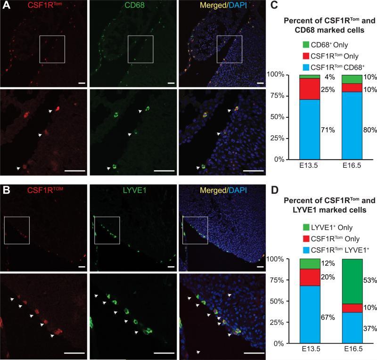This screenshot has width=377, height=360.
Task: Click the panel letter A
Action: tap(5, 6)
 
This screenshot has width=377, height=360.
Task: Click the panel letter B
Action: tap(5, 190)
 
